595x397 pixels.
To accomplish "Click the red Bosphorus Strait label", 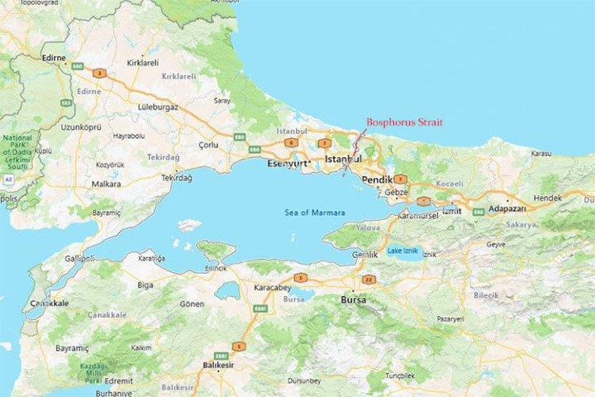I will coord(404,122).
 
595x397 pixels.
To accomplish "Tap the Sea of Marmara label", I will coord(315,213).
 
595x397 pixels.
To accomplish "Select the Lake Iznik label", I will coord(403,251).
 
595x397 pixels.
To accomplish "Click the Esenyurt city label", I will coord(287,164).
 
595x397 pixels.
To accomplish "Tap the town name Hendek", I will coord(547,198).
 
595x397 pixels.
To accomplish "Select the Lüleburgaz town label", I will coord(157,107).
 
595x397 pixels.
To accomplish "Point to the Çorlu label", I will coord(207,145).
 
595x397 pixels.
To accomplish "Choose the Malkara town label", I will coord(106,184).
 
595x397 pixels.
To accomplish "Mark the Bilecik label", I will coord(486,294).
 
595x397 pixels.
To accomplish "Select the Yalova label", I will coord(368,226).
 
